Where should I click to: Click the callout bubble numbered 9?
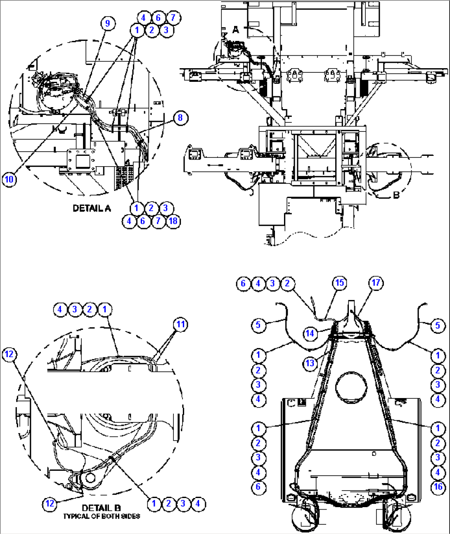[107, 23]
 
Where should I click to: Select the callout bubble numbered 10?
[9, 179]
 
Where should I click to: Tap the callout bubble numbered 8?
[180, 118]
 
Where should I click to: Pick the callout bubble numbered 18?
[173, 221]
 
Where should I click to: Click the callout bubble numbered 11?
[181, 324]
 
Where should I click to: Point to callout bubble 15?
[339, 283]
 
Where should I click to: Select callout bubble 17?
[376, 283]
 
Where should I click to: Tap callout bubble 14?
[310, 333]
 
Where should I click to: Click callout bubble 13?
[310, 363]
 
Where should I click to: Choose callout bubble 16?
[438, 487]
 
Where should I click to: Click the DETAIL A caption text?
[92, 208]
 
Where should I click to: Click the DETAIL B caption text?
[101, 508]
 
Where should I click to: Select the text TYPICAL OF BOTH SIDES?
[101, 516]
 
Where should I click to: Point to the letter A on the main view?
[235, 30]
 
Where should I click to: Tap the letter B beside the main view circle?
[396, 195]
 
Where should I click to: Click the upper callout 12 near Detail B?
[9, 354]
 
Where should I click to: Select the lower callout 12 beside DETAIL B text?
[50, 503]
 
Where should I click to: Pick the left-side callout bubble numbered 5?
[258, 325]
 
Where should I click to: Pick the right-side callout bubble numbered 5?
[438, 325]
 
